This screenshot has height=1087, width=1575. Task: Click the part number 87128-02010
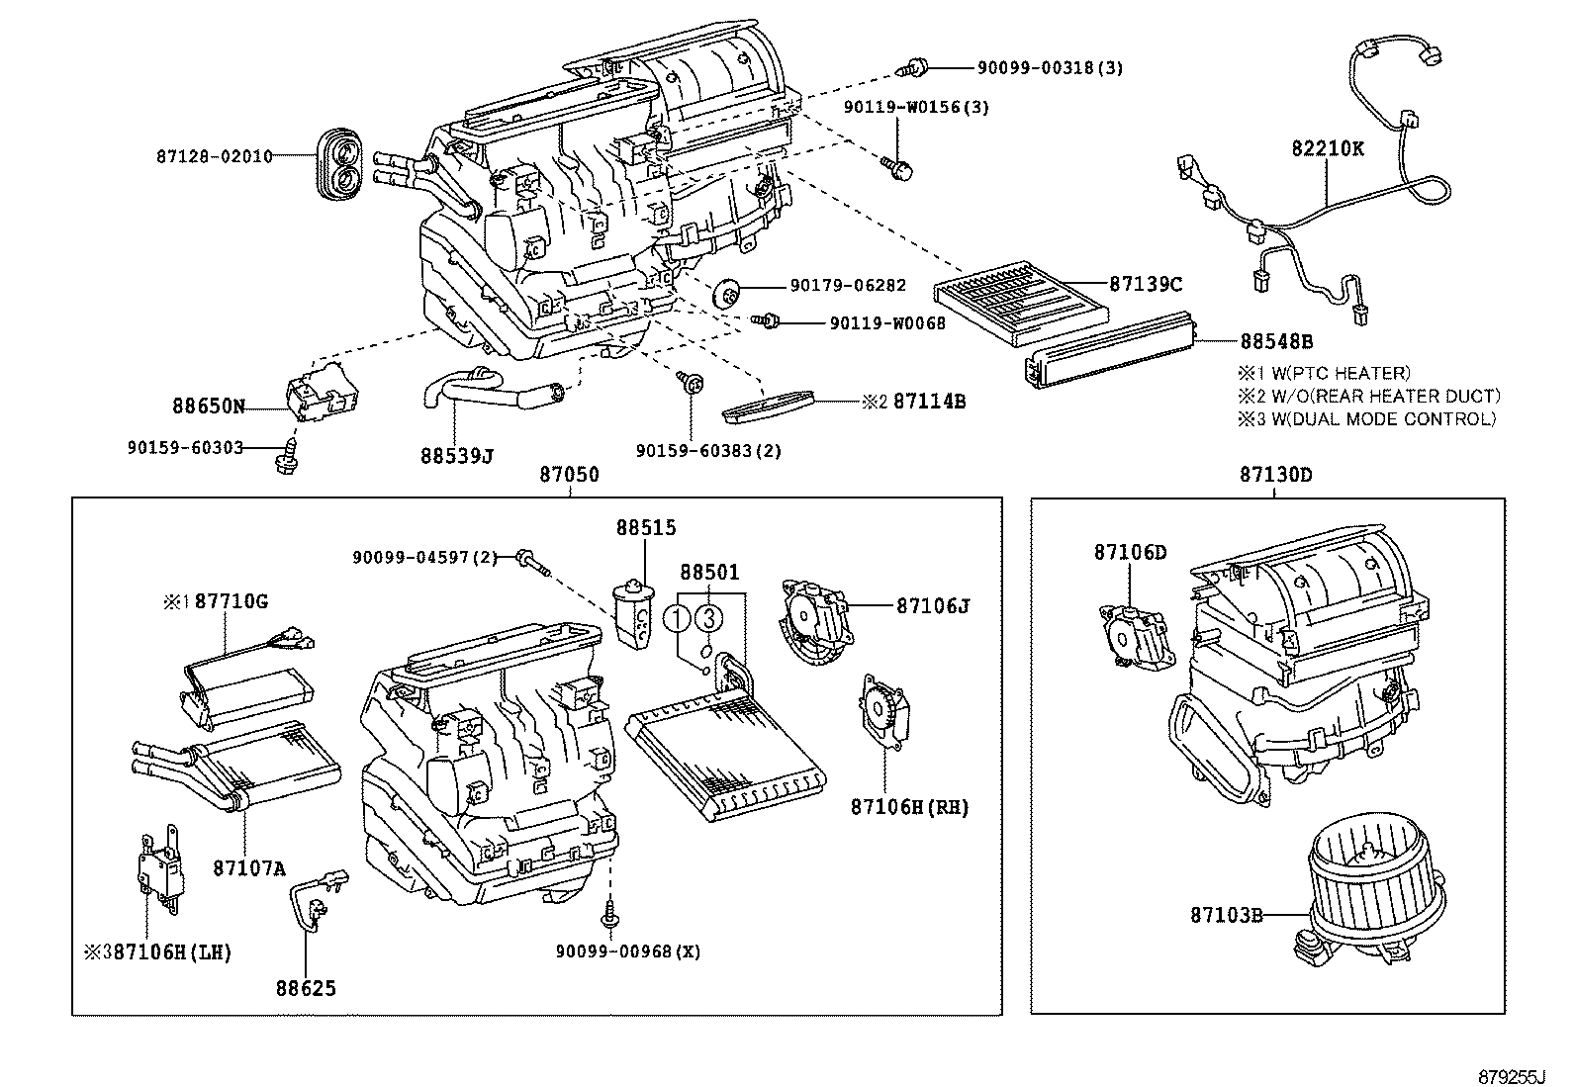[x=214, y=156]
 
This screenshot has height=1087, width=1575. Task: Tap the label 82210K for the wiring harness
[x=1327, y=149]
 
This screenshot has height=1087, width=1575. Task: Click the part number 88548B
[x=1276, y=341]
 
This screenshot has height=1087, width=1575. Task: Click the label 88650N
[x=208, y=406]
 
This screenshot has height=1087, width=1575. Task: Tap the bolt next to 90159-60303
[x=286, y=456]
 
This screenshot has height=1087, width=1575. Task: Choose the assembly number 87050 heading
[x=569, y=475]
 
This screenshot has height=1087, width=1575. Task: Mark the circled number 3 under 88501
[x=708, y=619]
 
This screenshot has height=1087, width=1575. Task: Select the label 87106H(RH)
[x=909, y=808]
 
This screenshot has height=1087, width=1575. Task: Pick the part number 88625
[x=306, y=988]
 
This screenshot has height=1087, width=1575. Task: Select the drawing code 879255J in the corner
[x=1511, y=1074]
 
